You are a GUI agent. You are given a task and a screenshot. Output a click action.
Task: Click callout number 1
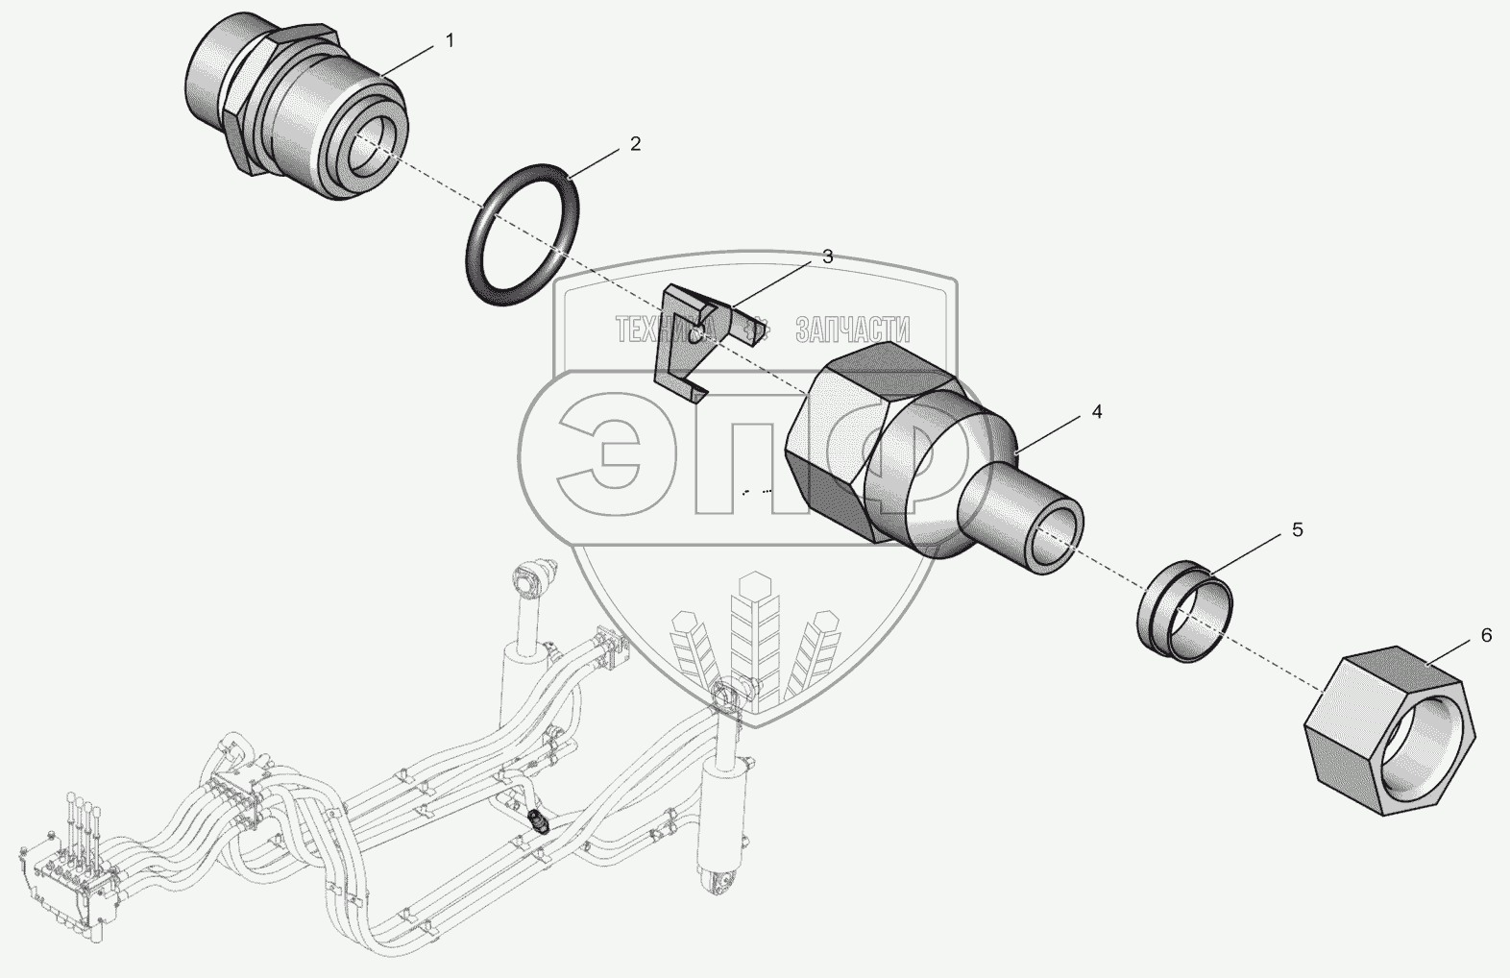point(450,41)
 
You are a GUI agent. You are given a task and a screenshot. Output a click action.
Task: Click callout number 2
point(635,143)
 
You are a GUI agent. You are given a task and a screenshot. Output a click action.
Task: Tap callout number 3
point(828,257)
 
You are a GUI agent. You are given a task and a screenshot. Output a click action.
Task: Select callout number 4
point(1097,412)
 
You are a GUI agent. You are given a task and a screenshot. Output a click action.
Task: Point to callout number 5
point(1297,529)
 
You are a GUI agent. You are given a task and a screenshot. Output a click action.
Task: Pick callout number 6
point(1486,635)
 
